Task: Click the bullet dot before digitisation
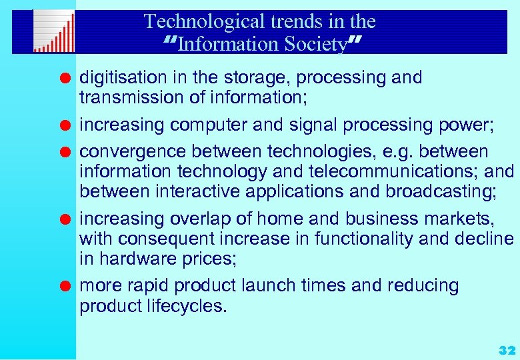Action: [x=65, y=79]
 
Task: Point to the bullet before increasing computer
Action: [x=65, y=126]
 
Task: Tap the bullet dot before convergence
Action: [x=65, y=153]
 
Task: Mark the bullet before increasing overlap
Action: [x=65, y=220]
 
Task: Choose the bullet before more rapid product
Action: [x=65, y=287]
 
